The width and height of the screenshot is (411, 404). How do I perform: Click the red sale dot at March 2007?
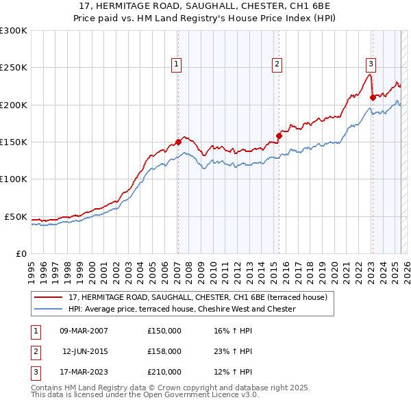pos(178,142)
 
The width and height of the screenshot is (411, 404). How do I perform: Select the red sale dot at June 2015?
pos(279,136)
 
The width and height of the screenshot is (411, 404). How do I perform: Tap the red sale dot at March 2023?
pos(373,97)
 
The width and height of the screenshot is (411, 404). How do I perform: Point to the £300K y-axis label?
pos(13,31)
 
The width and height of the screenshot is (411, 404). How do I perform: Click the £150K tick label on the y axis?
pos(13,142)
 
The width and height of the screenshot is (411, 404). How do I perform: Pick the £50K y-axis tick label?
pos(15,216)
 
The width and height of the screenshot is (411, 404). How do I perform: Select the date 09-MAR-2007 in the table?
pos(84,331)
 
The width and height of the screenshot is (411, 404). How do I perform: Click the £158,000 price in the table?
pos(164,351)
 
